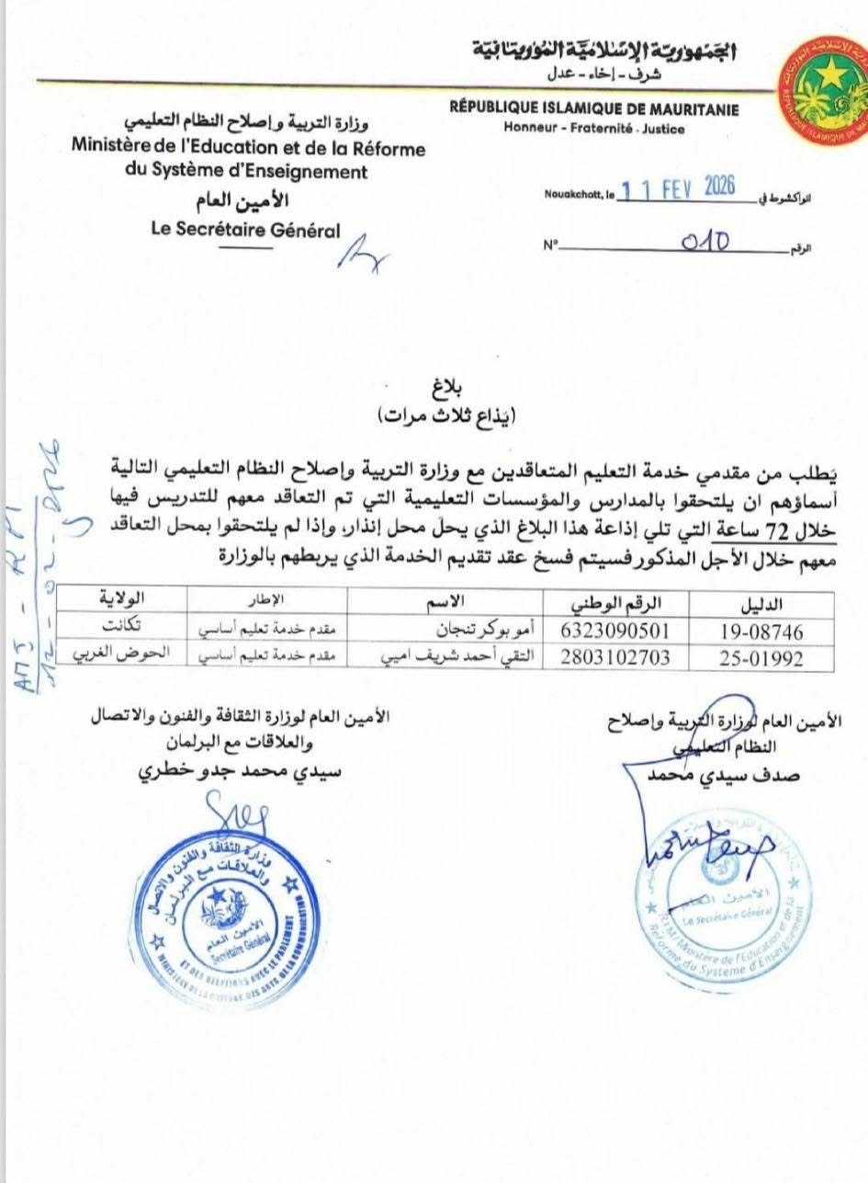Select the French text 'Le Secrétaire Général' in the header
[x=245, y=231]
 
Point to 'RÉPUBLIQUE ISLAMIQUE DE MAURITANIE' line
[x=594, y=109]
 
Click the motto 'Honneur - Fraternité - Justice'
[x=593, y=129]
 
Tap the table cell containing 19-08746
[x=761, y=631]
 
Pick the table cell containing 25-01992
[x=761, y=658]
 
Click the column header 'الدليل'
[x=761, y=605]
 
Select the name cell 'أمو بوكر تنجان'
[x=481, y=631]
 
